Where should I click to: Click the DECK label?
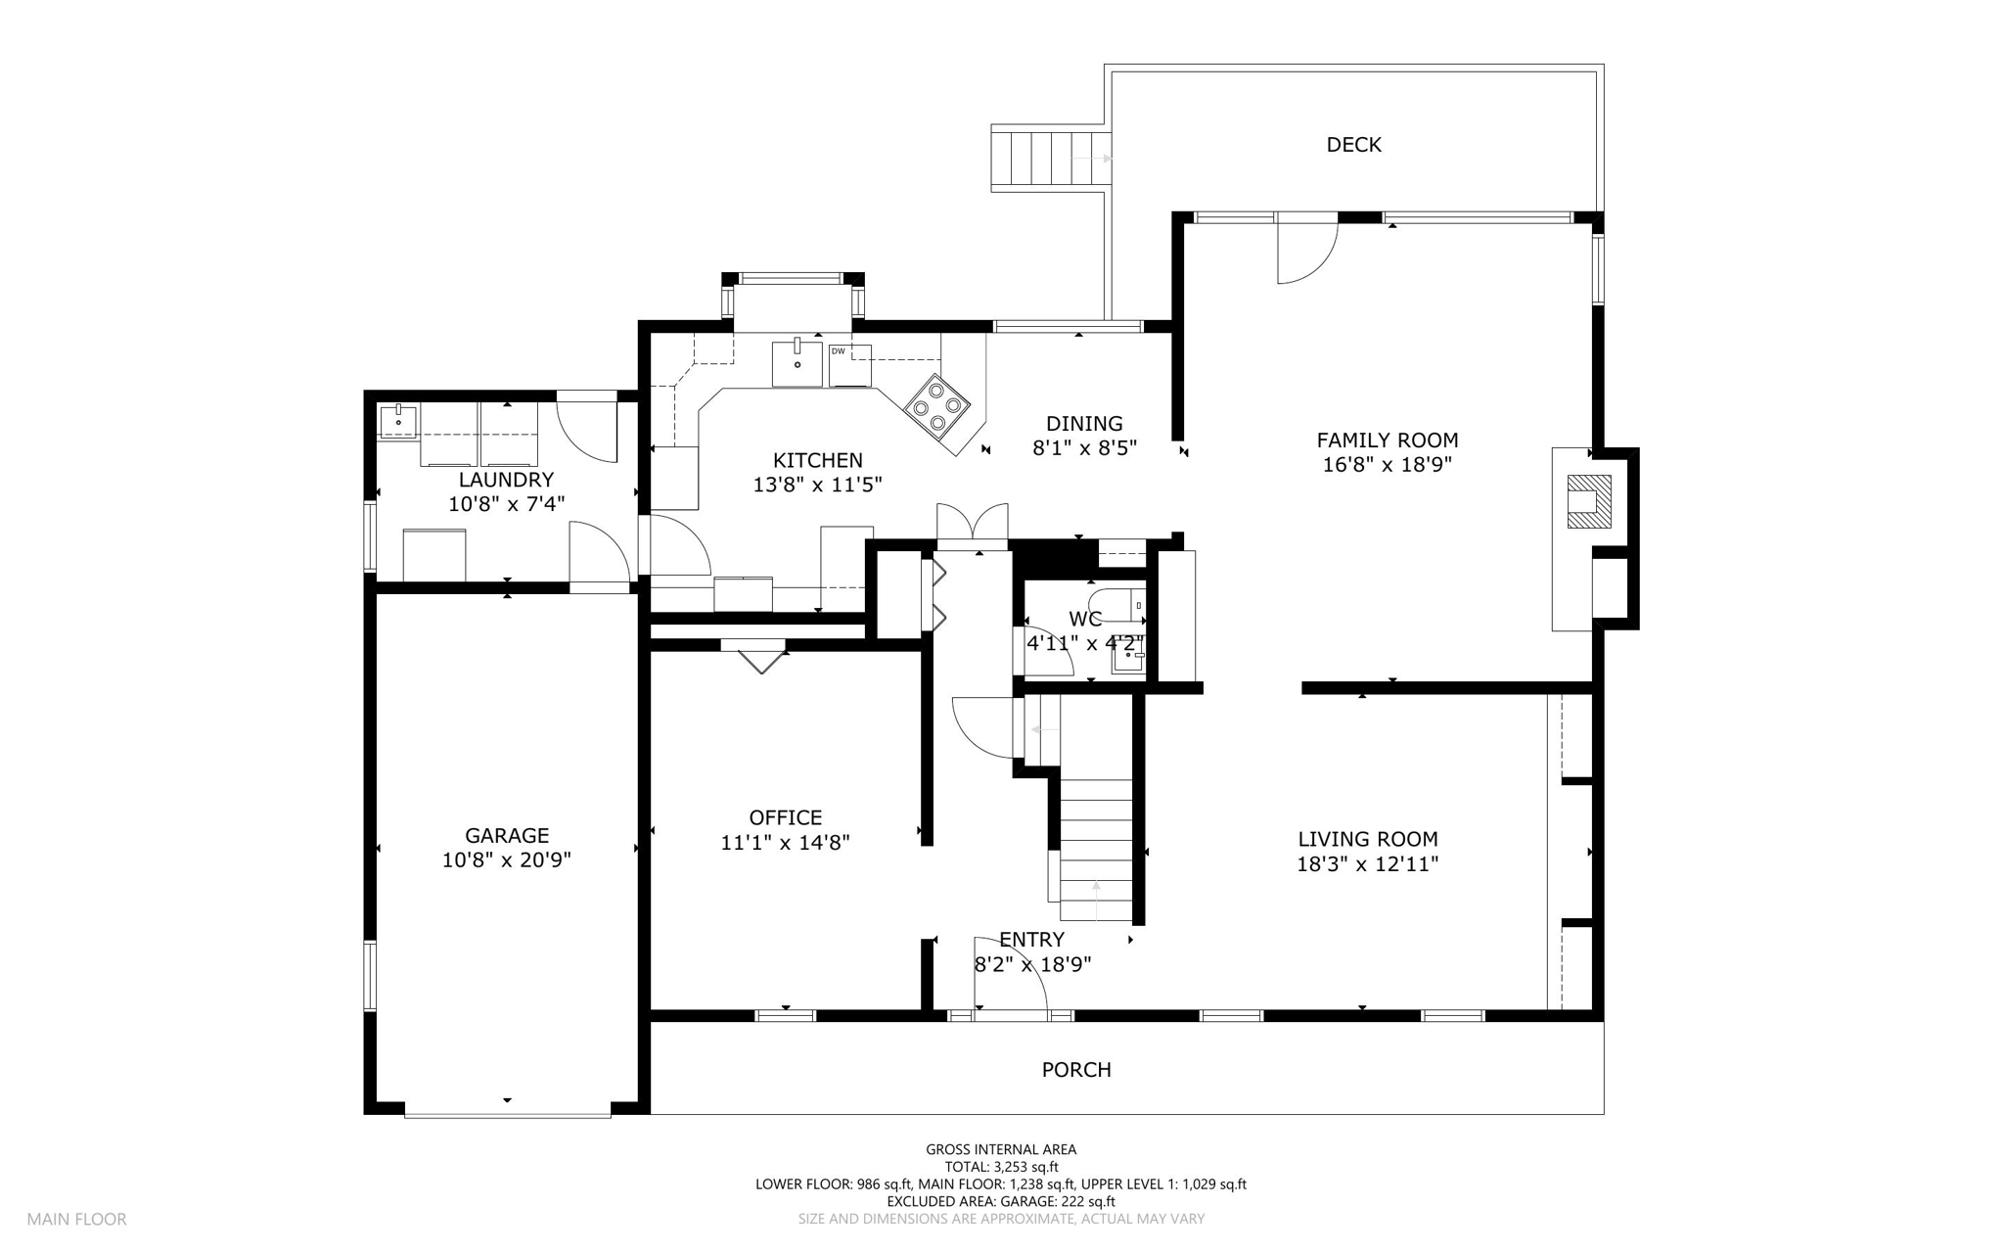click(1353, 145)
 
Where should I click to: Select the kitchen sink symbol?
click(797, 362)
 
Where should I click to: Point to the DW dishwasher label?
click(838, 350)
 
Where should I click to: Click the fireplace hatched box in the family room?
click(1589, 501)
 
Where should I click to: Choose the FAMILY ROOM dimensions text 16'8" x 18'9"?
click(1387, 465)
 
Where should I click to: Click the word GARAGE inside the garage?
click(507, 835)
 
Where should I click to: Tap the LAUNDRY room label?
click(506, 480)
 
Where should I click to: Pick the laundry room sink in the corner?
click(399, 422)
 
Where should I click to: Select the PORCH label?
click(1076, 1070)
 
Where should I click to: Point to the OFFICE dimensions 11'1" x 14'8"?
click(785, 842)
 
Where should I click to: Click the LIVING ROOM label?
click(1368, 839)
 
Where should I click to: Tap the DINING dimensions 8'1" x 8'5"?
click(1084, 448)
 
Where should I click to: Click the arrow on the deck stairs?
click(1093, 158)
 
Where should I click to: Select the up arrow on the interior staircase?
click(1096, 900)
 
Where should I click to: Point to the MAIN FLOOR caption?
click(76, 1220)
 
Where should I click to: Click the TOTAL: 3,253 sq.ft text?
click(1001, 1167)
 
